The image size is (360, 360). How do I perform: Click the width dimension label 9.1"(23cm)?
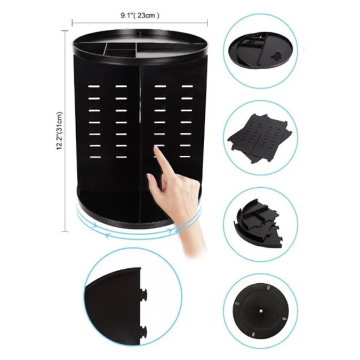pos(140,15)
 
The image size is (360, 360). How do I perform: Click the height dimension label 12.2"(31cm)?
pos(59,131)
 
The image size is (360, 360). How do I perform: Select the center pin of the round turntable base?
pos(261,311)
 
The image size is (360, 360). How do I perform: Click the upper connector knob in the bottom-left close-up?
pos(143,294)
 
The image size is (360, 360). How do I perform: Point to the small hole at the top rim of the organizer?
pos(140,33)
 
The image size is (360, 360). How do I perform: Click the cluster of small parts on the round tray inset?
pos(276,55)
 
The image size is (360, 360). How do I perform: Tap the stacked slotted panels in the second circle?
pos(259,139)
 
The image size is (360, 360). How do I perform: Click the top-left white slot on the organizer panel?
pos(94,86)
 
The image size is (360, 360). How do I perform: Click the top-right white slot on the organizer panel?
pos(187,86)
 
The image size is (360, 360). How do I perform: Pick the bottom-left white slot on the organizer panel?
pos(95,157)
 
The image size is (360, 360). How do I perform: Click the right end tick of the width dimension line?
pos(207,22)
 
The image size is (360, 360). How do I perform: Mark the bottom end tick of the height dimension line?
pos(65,231)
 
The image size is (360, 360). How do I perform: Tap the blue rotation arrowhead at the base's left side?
pos(94,225)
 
